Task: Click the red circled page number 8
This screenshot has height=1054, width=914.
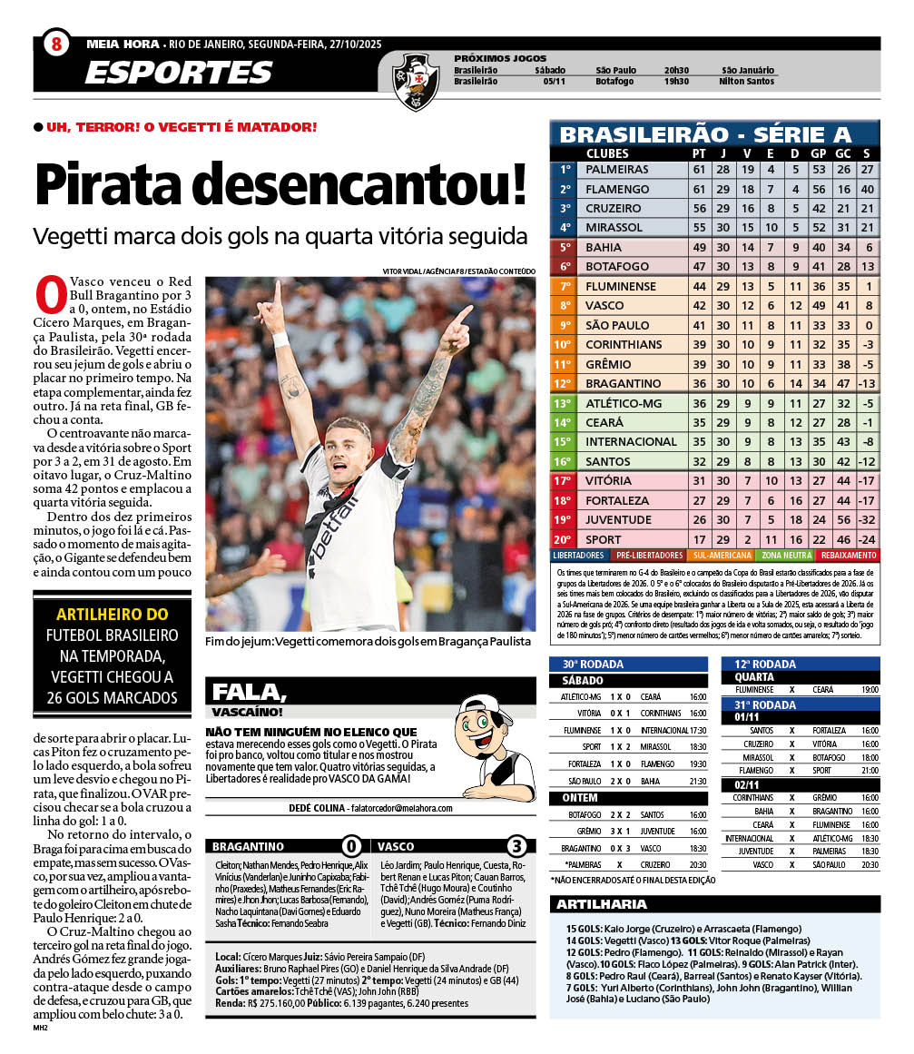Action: pos(56,44)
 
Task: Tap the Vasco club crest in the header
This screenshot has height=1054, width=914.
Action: pos(416,79)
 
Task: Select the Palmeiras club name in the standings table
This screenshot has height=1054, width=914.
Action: pos(617,170)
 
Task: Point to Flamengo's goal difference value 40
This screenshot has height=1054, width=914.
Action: pos(866,189)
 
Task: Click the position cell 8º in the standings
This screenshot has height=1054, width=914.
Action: pos(565,306)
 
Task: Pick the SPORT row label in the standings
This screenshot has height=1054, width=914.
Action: pos(604,539)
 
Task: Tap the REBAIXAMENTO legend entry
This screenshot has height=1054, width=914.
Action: pos(849,555)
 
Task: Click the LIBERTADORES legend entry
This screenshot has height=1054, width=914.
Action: pos(579,555)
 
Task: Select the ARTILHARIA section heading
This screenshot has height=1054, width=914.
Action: pos(602,904)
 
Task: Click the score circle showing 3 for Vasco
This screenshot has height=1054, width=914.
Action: pos(516,847)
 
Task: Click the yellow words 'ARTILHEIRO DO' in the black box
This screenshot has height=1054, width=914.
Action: pos(113,615)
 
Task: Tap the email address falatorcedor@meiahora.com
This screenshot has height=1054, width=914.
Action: pos(388,807)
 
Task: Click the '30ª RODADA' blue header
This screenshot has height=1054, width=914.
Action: pos(592,664)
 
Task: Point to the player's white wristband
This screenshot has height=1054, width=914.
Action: pos(280,340)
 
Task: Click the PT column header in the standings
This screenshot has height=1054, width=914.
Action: pos(699,153)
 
